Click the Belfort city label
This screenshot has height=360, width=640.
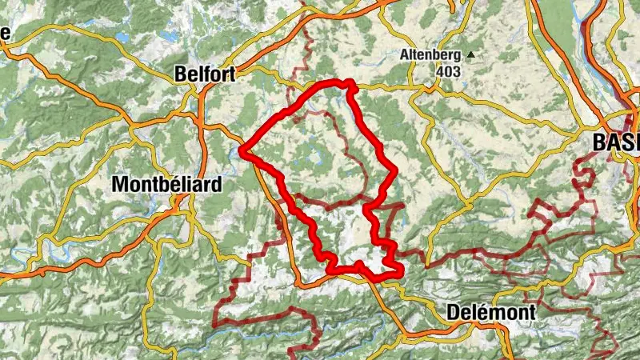(x=205, y=74)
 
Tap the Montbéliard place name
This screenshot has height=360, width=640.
(x=166, y=183)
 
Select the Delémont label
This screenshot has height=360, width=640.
(x=490, y=312)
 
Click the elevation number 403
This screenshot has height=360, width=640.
(x=449, y=71)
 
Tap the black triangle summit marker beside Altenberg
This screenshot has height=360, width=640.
(x=471, y=55)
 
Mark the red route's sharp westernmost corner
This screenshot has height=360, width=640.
(x=241, y=149)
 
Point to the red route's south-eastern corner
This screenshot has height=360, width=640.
(x=398, y=274)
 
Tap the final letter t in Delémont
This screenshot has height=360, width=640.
(x=531, y=312)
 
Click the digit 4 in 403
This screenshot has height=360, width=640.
(x=440, y=71)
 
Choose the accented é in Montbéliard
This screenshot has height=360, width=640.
(x=172, y=183)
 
